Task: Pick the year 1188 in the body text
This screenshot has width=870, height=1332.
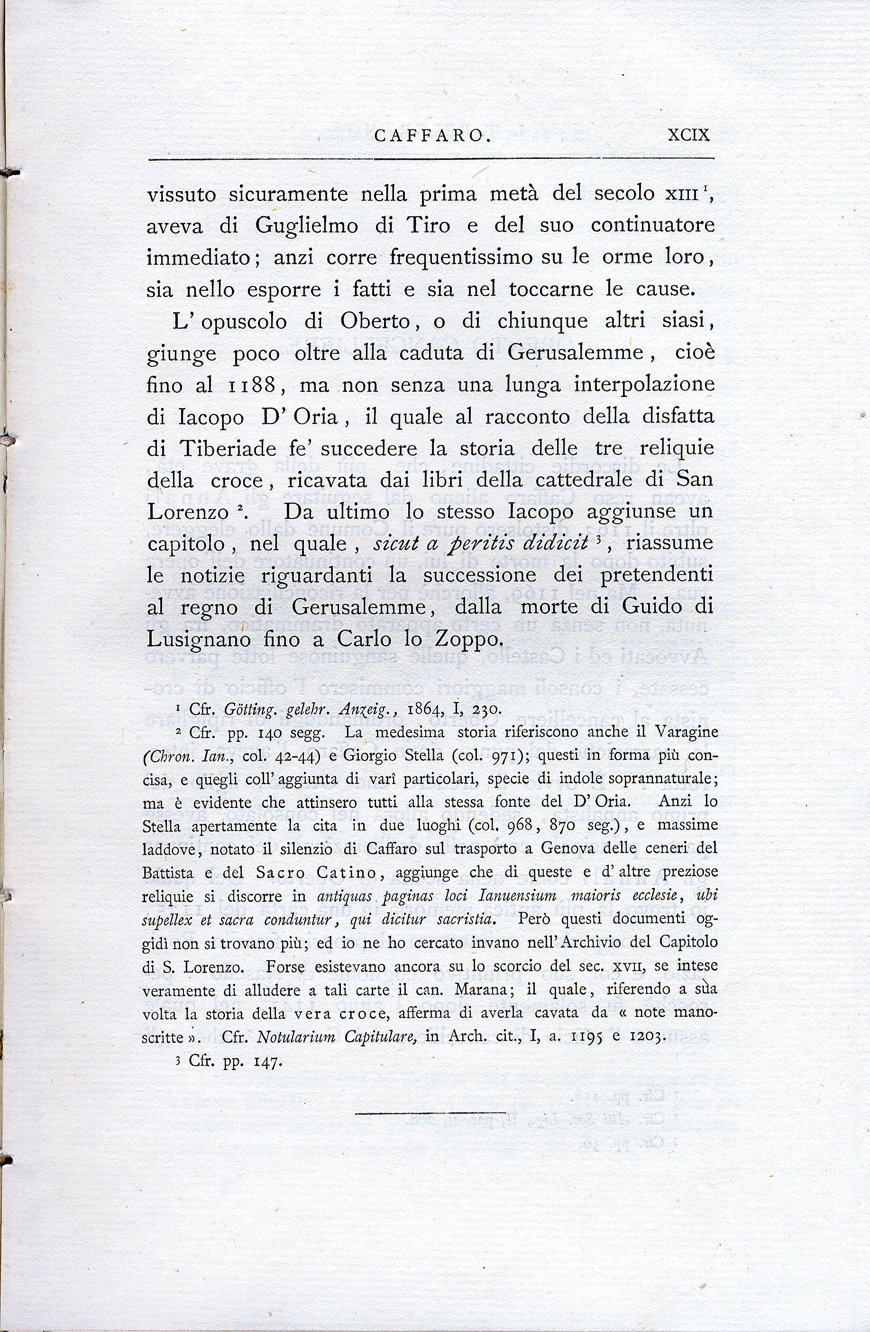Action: pyautogui.click(x=252, y=385)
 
